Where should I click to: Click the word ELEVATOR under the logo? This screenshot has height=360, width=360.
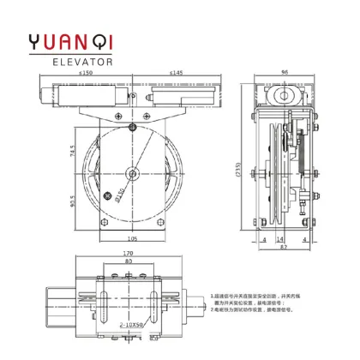coord(83,63)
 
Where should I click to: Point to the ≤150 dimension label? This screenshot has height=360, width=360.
coord(86,74)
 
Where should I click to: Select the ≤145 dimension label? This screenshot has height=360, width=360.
coord(177,74)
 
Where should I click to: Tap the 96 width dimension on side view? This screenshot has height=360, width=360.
coord(282,74)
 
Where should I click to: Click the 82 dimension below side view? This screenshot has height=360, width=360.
coord(282,248)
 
